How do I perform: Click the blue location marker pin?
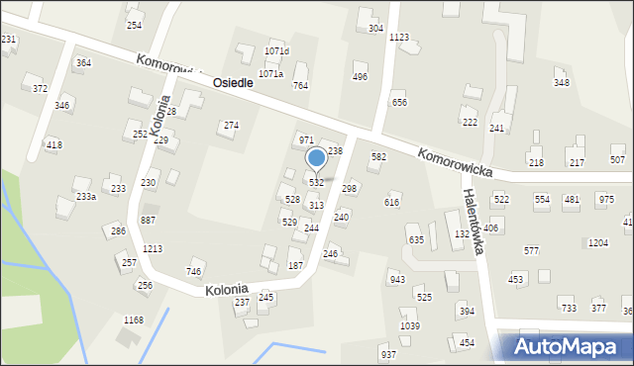point(316,158)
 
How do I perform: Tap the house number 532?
point(316,183)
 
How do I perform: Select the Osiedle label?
point(233,84)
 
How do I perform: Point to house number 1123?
point(399,38)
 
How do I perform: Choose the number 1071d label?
point(276,51)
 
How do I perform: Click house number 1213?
point(153,249)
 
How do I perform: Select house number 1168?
point(134,320)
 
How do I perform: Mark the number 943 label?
point(397,280)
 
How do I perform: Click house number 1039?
point(409,326)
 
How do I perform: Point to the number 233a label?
point(86,197)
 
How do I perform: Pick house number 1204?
point(597,242)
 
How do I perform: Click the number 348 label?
point(561,82)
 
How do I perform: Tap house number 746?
point(194,272)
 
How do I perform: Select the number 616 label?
point(392,202)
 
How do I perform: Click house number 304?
point(375,29)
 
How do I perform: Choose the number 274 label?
point(231,126)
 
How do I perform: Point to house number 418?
point(53,145)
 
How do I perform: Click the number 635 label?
point(416,240)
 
